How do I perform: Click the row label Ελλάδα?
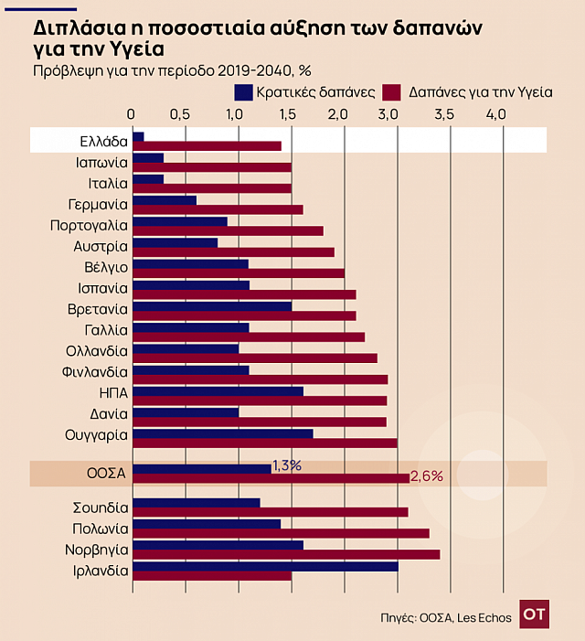click(x=102, y=141)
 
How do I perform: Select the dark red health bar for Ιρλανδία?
click(x=212, y=575)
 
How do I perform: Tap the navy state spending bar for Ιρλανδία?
click(x=265, y=565)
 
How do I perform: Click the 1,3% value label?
click(x=286, y=465)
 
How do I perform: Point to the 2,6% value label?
click(x=426, y=475)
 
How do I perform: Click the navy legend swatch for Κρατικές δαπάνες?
click(x=244, y=92)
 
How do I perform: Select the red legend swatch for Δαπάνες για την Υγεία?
click(x=393, y=92)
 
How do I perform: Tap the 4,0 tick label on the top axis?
click(x=495, y=114)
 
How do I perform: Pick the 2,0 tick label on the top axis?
click(x=338, y=114)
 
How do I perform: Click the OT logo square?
click(x=534, y=615)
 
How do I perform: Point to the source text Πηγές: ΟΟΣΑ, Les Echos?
click(x=445, y=617)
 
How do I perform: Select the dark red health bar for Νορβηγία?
click(x=286, y=554)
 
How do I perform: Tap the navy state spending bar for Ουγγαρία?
click(x=223, y=433)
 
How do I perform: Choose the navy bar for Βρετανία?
click(x=212, y=305)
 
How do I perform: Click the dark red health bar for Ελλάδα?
click(x=207, y=146)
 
